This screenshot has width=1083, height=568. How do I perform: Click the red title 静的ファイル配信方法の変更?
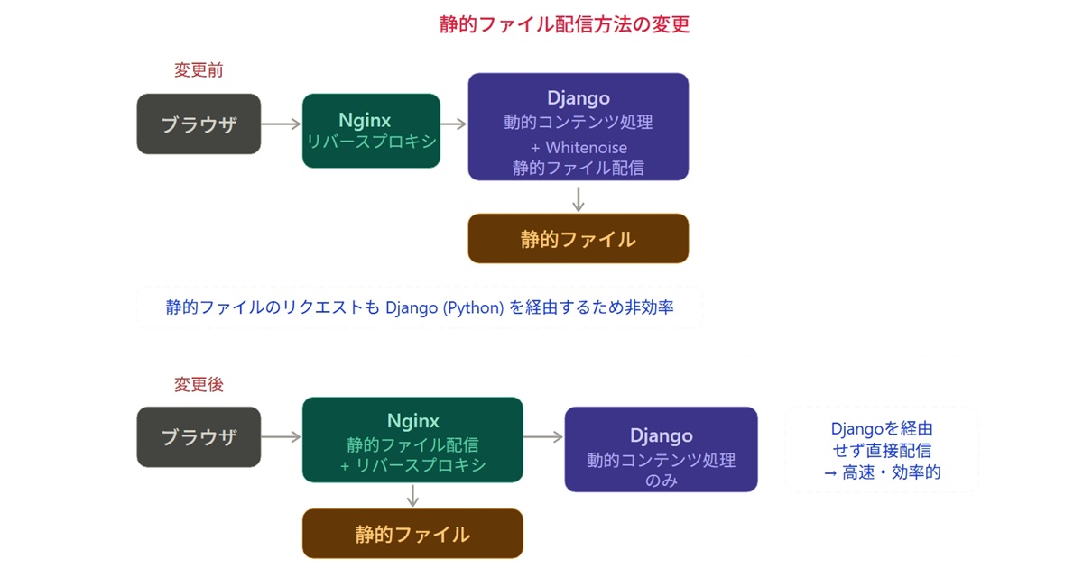pyautogui.click(x=564, y=24)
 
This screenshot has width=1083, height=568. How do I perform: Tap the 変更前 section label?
pyautogui.click(x=199, y=70)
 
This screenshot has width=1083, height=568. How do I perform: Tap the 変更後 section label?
pyautogui.click(x=199, y=384)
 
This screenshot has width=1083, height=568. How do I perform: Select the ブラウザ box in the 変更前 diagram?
pyautogui.click(x=199, y=124)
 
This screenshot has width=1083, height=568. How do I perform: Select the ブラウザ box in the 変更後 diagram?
pyautogui.click(x=199, y=436)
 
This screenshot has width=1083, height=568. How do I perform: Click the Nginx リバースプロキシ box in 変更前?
pyautogui.click(x=371, y=131)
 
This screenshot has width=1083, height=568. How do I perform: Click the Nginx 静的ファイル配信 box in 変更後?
pyautogui.click(x=412, y=440)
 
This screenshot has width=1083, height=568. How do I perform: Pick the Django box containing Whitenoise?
pyautogui.click(x=579, y=126)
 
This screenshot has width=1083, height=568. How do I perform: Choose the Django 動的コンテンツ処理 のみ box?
pyautogui.click(x=661, y=449)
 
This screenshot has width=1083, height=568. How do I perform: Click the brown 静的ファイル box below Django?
pyautogui.click(x=579, y=239)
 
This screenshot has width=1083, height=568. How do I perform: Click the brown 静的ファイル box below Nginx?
pyautogui.click(x=412, y=533)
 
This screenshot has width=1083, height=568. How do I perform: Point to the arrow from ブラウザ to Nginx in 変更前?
pyautogui.click(x=282, y=124)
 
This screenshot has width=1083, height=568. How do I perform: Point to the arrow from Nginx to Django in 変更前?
pyautogui.click(x=453, y=124)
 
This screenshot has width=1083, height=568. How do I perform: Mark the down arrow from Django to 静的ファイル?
pyautogui.click(x=579, y=199)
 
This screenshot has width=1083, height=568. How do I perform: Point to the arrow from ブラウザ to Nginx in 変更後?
pyautogui.click(x=282, y=436)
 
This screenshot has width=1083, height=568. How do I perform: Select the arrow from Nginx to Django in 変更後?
pyautogui.click(x=543, y=436)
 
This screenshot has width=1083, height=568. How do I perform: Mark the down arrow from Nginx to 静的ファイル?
pyautogui.click(x=412, y=496)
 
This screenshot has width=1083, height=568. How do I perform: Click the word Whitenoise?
pyautogui.click(x=586, y=147)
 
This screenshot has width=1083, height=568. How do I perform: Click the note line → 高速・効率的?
pyautogui.click(x=883, y=472)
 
